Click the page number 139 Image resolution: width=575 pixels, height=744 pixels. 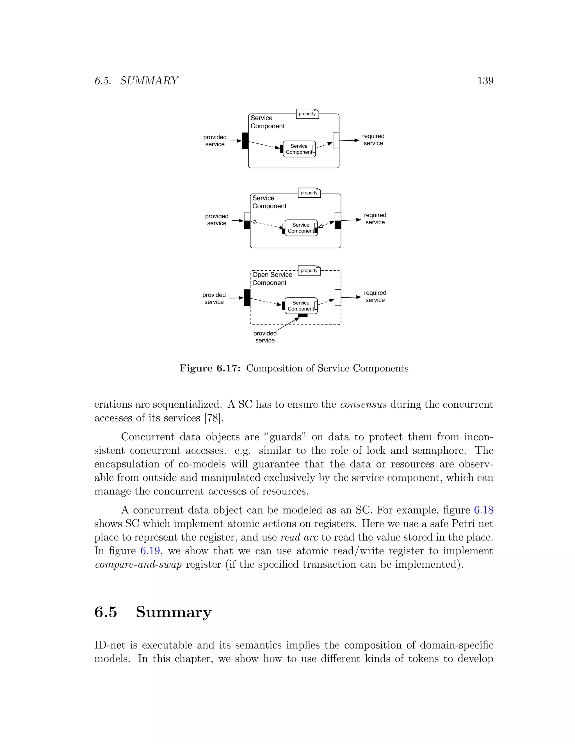click(485, 81)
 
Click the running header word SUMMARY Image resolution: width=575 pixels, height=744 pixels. click(149, 81)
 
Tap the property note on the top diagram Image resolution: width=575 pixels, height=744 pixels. click(307, 114)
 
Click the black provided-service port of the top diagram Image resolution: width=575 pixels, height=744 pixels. click(245, 141)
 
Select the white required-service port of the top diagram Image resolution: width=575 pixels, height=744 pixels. click(336, 141)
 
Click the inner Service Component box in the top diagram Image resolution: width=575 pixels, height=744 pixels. click(299, 149)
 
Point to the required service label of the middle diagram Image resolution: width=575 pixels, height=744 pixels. click(375, 219)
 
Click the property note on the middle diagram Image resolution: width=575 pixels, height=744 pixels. click(309, 193)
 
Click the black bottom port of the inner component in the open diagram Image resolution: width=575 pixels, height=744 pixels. click(302, 316)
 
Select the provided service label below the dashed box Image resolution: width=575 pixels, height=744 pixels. click(265, 337)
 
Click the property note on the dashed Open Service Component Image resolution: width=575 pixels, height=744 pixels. click(309, 270)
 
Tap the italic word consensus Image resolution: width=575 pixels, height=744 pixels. click(363, 405)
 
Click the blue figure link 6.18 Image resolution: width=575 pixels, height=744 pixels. click(483, 510)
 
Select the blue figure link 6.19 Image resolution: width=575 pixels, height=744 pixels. click(150, 551)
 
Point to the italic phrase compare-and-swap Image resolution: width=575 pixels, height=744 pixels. click(138, 565)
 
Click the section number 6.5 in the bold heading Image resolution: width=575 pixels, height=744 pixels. click(106, 612)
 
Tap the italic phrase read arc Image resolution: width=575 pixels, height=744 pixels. click(299, 537)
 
